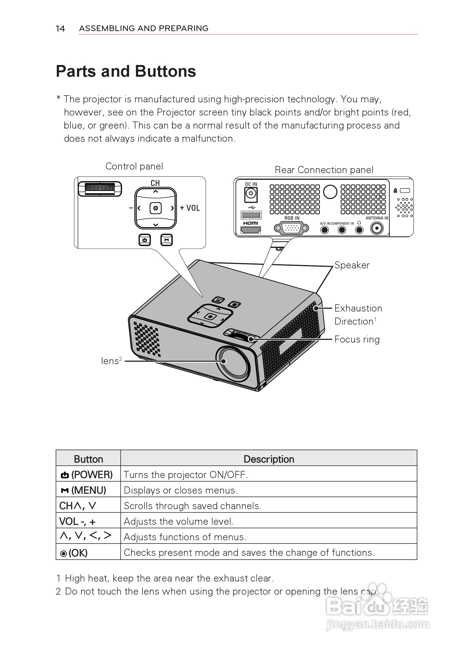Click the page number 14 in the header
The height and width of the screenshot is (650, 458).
click(x=60, y=29)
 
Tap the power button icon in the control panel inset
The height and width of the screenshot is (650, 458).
click(x=145, y=240)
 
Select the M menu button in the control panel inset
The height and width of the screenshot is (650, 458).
click(x=166, y=240)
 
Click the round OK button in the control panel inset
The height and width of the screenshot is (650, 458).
click(x=155, y=208)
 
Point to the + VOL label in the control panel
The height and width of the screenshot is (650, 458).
click(x=190, y=208)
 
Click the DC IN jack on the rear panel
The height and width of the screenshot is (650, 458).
click(x=251, y=194)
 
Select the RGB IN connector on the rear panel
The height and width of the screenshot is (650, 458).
click(x=291, y=228)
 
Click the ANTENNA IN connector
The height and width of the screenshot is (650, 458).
click(x=377, y=228)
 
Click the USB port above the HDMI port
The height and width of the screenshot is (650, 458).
click(x=251, y=215)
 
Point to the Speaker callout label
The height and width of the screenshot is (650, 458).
click(x=352, y=265)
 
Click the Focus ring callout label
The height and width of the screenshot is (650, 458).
click(x=357, y=339)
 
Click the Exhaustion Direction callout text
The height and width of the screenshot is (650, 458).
click(x=358, y=314)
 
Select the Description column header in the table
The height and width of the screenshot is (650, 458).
click(x=269, y=459)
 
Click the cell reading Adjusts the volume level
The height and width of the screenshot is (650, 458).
click(x=179, y=521)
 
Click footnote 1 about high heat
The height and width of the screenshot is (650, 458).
click(x=165, y=578)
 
